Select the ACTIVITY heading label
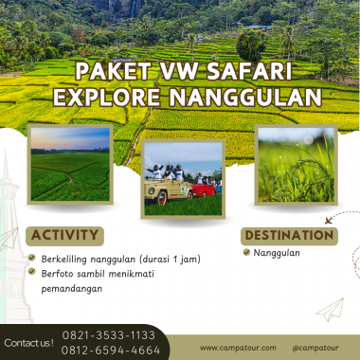(x=65, y=236)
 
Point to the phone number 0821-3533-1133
(x=109, y=335)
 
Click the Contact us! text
(x=28, y=343)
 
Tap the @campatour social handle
(x=312, y=348)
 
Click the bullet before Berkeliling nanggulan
(x=32, y=258)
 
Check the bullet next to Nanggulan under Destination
(x=246, y=253)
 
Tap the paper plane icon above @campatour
(x=330, y=309)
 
